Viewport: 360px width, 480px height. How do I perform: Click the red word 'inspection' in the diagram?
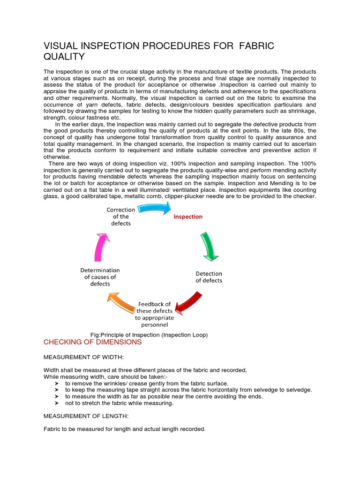pos(188,217)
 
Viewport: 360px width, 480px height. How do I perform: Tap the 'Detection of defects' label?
pos(209,277)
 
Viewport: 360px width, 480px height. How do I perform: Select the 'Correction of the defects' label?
pos(121,217)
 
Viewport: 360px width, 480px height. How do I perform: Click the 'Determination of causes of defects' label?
pos(100,277)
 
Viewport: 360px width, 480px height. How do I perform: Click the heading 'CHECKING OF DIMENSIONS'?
pos(92,342)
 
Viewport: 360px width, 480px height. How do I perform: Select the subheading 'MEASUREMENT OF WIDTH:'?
pos(83,357)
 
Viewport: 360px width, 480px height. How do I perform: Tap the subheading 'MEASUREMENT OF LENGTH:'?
pos(85,416)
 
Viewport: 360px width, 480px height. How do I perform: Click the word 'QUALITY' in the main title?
pos(64,57)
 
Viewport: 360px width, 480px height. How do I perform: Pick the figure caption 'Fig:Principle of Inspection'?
pos(149,335)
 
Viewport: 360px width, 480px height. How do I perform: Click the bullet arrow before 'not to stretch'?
pos(56,403)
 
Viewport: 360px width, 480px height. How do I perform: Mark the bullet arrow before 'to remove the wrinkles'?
pos(56,383)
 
